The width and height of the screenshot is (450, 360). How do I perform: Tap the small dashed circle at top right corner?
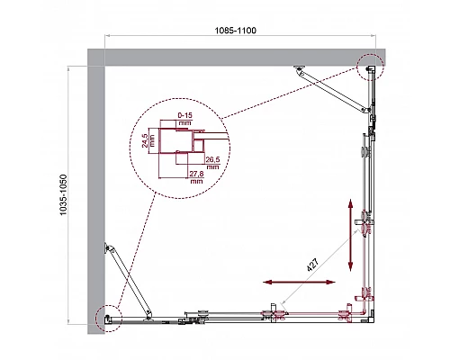tap(370, 67)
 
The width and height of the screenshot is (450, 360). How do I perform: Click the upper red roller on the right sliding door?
tap(364, 220)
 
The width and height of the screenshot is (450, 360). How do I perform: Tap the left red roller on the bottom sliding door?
tap(273, 315)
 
